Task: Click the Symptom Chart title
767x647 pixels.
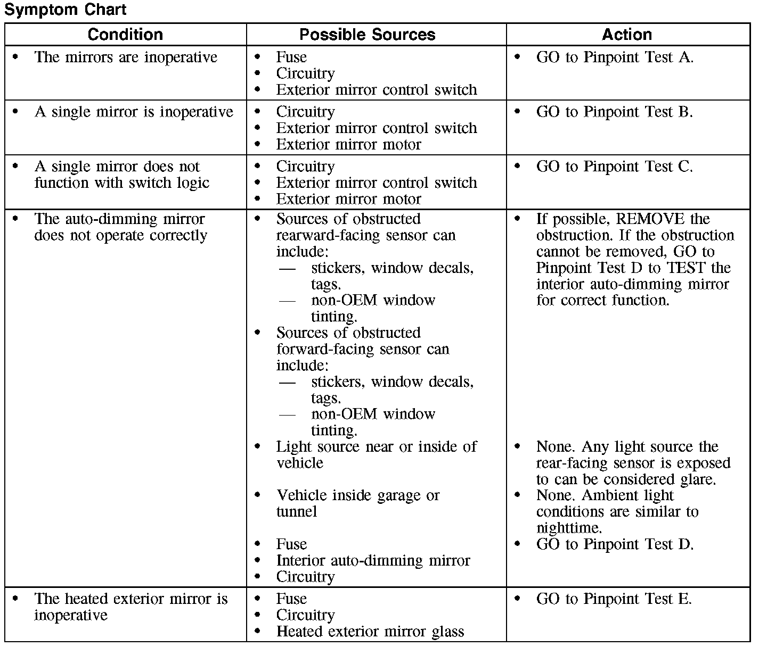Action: coord(66,10)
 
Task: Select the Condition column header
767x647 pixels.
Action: coord(125,35)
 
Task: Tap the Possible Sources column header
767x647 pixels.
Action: coord(367,35)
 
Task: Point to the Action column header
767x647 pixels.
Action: coord(626,35)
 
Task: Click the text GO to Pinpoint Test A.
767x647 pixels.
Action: coord(615,57)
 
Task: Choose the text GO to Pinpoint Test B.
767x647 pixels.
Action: coord(615,112)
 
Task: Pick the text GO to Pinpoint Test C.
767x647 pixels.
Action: coord(615,167)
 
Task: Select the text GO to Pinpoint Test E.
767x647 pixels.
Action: coord(614,599)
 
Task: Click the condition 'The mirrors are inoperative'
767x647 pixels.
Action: coord(126,57)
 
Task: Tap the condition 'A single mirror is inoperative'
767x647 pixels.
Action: coord(134,112)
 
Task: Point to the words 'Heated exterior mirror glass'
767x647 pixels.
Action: coord(370,632)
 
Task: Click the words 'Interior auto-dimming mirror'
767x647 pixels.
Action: coord(373,561)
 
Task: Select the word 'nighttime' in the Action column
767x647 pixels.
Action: coord(568,528)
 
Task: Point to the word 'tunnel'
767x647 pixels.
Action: coord(296,512)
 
